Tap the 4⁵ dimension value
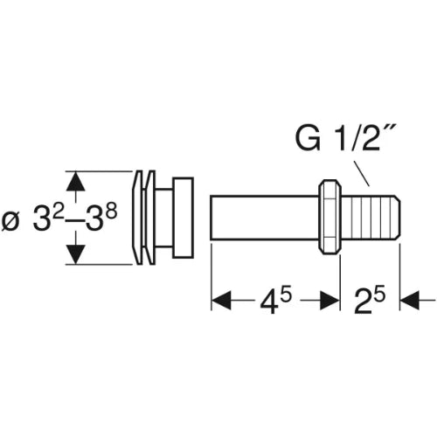275,302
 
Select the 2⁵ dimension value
370,301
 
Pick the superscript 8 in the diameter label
111,212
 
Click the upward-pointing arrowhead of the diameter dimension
76,182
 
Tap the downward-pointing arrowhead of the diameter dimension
76,254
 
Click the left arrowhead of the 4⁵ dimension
221,300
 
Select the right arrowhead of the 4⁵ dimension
329,300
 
